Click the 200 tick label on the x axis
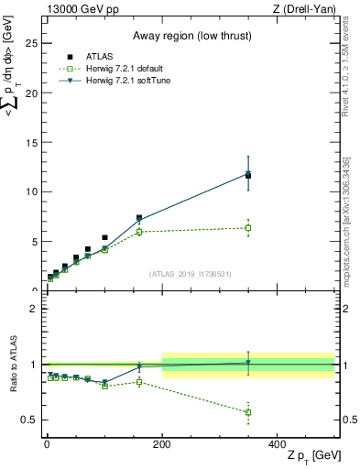click(162, 443)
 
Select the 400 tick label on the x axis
click(278, 443)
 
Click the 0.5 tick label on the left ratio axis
click(29, 420)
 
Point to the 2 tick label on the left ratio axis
click(33, 309)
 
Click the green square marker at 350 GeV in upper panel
click(248, 228)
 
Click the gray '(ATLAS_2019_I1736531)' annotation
click(191, 274)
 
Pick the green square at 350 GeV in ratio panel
click(248, 412)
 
